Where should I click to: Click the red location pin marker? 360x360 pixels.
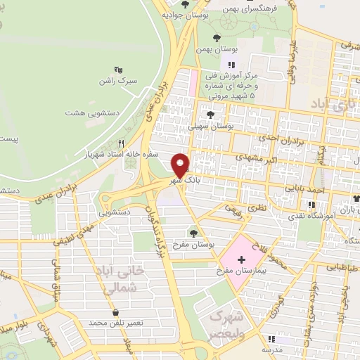(181, 165)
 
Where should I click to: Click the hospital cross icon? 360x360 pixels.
(242, 260)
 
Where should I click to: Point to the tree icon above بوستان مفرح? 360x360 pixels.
(194, 233)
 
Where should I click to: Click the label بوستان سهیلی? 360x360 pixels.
(210, 127)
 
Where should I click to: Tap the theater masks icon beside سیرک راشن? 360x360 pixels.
(118, 70)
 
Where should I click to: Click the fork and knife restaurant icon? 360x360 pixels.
(122, 143)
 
